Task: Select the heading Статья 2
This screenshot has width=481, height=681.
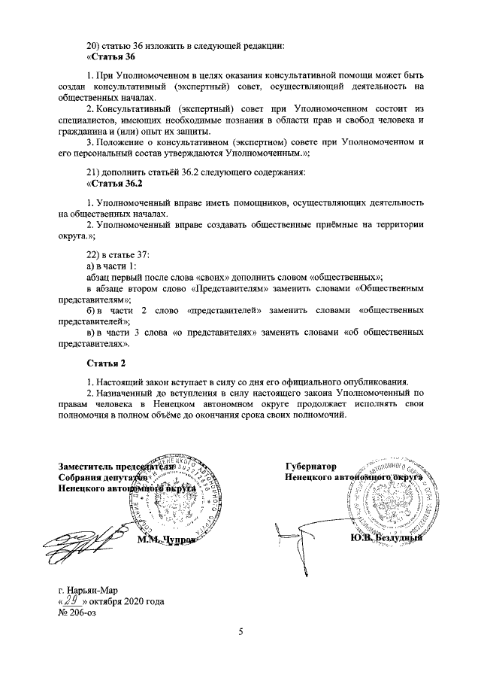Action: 106,364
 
